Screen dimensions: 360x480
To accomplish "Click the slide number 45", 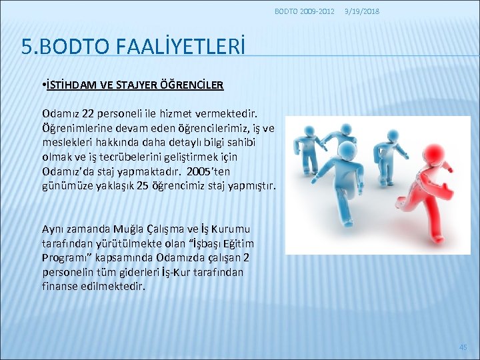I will [463, 347].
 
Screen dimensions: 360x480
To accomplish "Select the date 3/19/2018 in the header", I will [362, 11].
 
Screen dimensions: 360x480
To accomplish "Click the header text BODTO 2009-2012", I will [305, 11].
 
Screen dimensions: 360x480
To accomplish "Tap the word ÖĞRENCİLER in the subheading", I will [194, 85].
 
